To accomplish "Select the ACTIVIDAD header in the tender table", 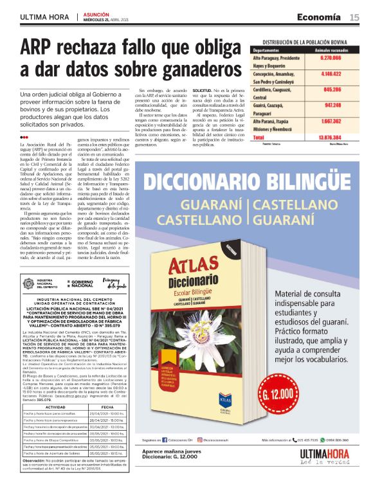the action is click(53, 388).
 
